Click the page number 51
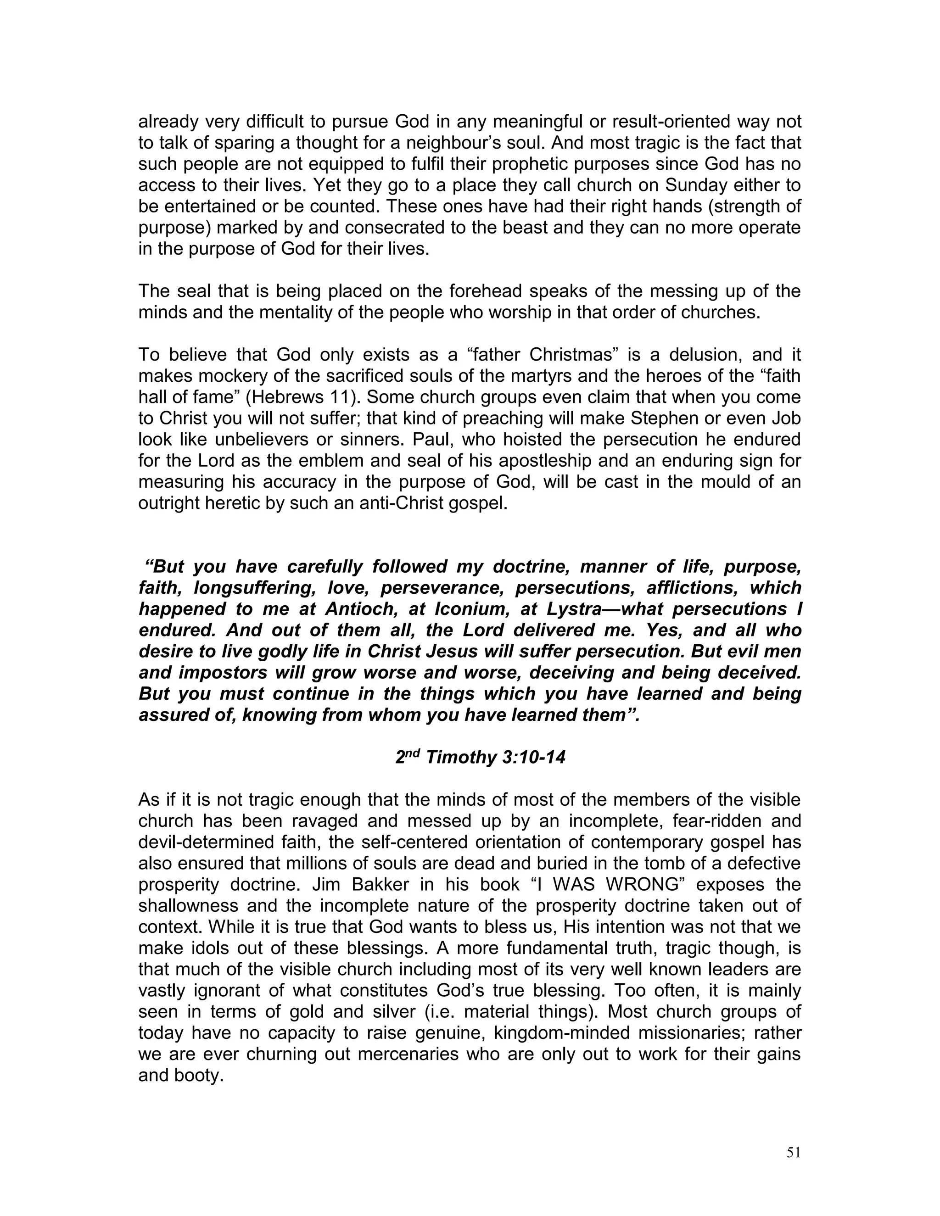click(793, 1153)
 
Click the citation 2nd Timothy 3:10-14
click(480, 758)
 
